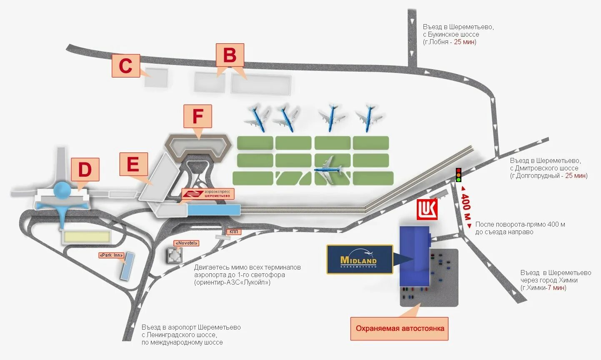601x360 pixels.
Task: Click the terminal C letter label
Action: (x=125, y=66)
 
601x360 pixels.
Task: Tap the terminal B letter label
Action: (x=230, y=55)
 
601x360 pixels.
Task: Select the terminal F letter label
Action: (x=198, y=116)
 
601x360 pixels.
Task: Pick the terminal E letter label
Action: (x=133, y=164)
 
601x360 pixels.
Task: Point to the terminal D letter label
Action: (x=85, y=170)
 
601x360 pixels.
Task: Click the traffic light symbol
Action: (x=458, y=175)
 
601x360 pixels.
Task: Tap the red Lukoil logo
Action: (x=428, y=209)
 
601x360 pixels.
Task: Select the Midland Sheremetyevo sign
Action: (x=360, y=259)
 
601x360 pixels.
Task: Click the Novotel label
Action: (x=187, y=243)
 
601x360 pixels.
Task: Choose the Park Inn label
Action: (x=111, y=255)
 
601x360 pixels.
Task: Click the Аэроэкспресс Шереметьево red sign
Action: (x=208, y=194)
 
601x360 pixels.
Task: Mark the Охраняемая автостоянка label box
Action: (x=400, y=328)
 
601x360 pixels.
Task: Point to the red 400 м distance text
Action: (x=466, y=207)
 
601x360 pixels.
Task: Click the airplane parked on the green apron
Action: (x=329, y=169)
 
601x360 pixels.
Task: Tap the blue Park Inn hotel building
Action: (x=127, y=265)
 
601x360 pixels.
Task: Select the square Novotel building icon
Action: (x=174, y=255)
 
